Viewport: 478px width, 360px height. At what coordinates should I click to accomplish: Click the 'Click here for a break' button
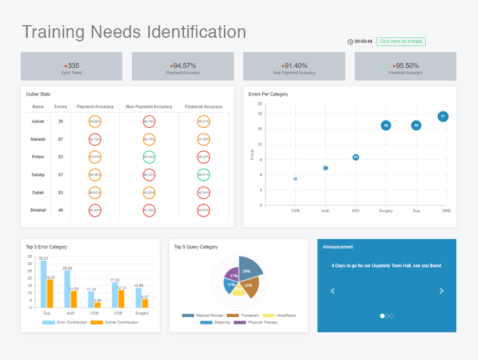pyautogui.click(x=401, y=41)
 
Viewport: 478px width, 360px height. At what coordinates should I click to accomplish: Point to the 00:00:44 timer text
pyautogui.click(x=363, y=41)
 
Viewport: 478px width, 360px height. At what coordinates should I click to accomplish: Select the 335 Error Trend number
pyautogui.click(x=73, y=65)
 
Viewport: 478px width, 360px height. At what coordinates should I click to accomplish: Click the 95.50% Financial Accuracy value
pyautogui.click(x=407, y=65)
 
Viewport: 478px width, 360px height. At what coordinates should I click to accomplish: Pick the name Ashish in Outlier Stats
pyautogui.click(x=38, y=121)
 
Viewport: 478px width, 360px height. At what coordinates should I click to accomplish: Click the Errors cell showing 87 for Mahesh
pyautogui.click(x=61, y=139)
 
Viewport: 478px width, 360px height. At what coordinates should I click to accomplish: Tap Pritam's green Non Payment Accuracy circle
pyautogui.click(x=149, y=157)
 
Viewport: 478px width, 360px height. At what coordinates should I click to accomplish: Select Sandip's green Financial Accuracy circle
pyautogui.click(x=204, y=175)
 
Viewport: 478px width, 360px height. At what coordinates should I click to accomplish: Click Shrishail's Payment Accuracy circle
pyautogui.click(x=95, y=211)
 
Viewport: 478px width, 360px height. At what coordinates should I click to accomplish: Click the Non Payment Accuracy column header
pyautogui.click(x=149, y=107)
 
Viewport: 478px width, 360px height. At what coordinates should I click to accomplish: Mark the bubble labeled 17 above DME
pyautogui.click(x=443, y=116)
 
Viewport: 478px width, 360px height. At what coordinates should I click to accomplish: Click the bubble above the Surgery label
pyautogui.click(x=386, y=125)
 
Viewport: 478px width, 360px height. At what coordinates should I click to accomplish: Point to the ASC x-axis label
pyautogui.click(x=355, y=211)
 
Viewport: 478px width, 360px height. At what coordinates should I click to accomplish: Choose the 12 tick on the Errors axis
pyautogui.click(x=259, y=144)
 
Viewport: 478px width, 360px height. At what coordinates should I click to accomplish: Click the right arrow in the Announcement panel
pyautogui.click(x=442, y=291)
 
